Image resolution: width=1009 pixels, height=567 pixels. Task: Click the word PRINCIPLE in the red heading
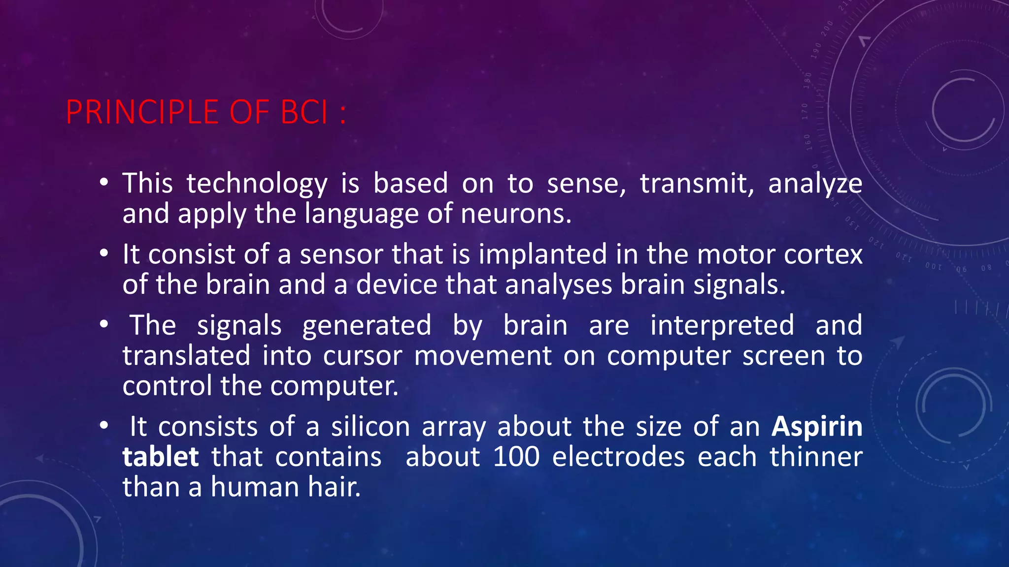point(142,112)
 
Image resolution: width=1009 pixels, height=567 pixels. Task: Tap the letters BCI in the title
point(304,112)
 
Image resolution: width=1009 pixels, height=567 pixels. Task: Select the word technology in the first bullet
point(257,184)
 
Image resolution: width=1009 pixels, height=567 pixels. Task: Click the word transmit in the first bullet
point(697,184)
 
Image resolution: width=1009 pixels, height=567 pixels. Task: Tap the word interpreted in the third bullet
point(722,325)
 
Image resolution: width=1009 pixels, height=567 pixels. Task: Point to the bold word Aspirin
point(817,426)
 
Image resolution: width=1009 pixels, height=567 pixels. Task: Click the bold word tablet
point(161,457)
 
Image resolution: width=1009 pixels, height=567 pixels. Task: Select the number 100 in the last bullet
point(516,457)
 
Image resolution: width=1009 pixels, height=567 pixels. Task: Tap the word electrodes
point(618,457)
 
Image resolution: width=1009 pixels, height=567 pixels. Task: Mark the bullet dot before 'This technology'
point(103,183)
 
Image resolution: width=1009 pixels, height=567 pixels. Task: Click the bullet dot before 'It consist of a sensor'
point(103,253)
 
